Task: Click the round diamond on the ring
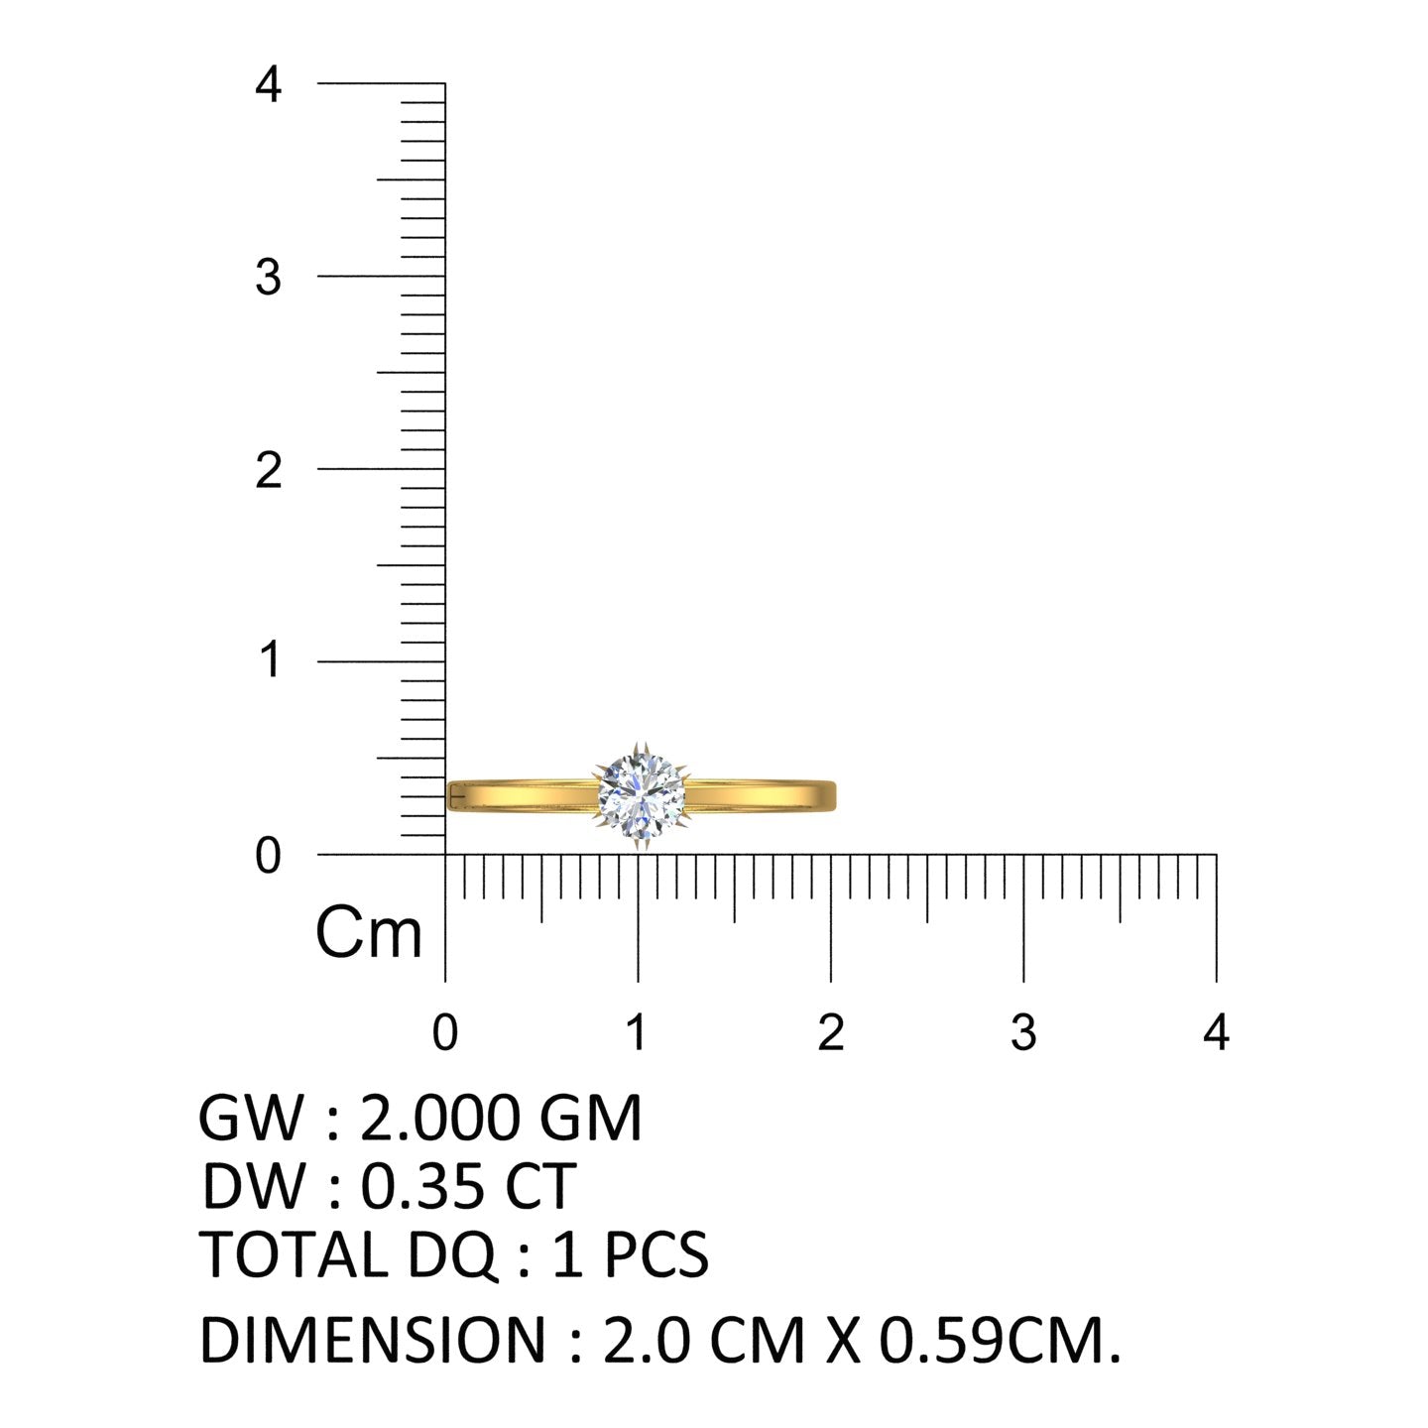pos(641,795)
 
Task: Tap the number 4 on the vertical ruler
pos(268,83)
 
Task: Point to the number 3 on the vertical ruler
pos(269,278)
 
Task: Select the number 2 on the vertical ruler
pos(269,470)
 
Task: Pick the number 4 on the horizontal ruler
pos(1216,1032)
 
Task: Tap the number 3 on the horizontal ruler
pos(1023,1032)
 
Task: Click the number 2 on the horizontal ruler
pos(831,1032)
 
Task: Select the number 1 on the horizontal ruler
pos(637,1032)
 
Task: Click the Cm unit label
pos(368,932)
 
